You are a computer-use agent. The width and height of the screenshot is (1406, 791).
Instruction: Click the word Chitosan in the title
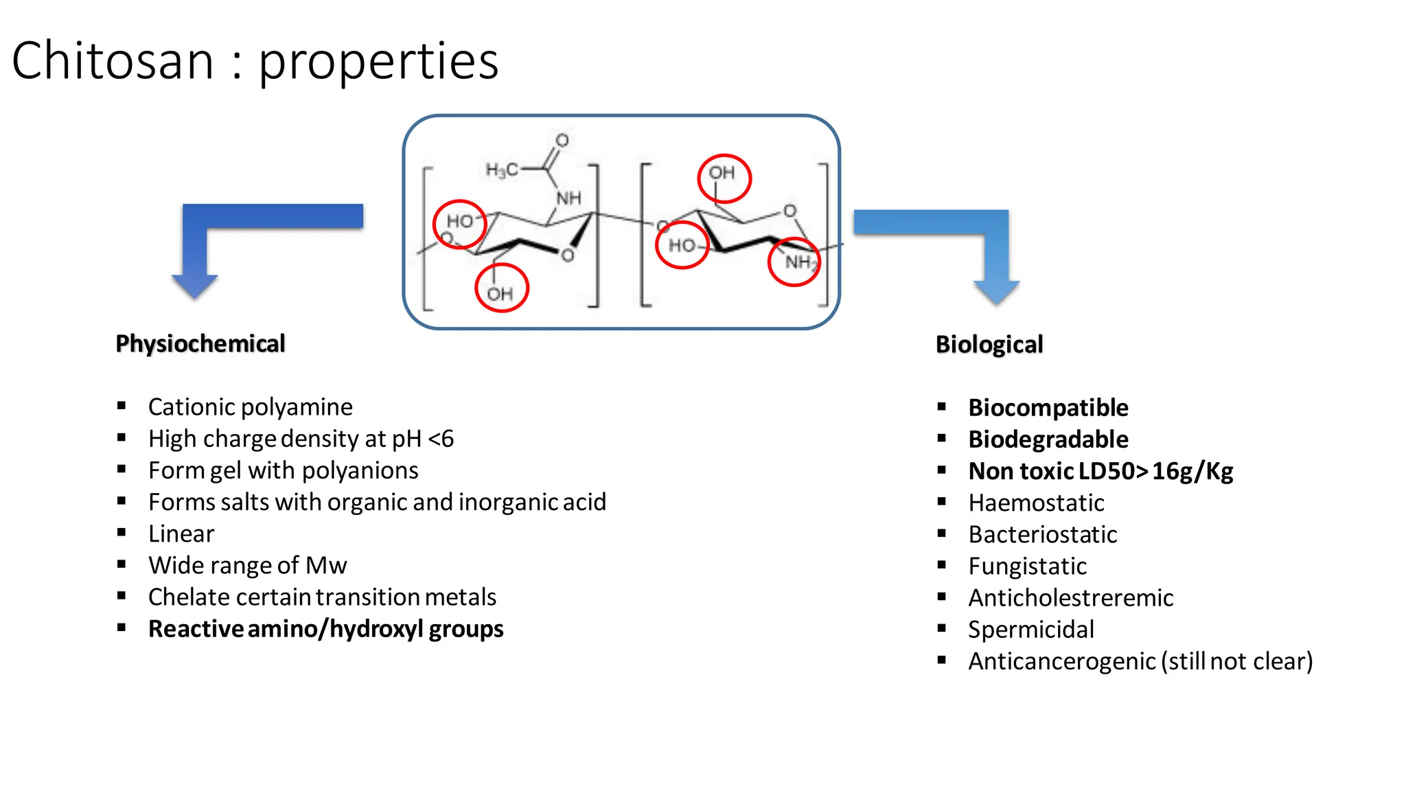[113, 61]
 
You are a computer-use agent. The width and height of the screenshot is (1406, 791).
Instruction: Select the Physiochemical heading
[200, 343]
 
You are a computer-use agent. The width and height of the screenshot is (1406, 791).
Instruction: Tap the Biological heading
[989, 344]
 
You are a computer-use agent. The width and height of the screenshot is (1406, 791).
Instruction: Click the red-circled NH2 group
[794, 262]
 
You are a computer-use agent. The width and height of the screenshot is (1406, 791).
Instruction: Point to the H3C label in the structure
[502, 170]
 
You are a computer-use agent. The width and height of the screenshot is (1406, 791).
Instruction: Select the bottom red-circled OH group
[501, 288]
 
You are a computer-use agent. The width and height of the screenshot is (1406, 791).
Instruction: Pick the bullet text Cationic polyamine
[250, 407]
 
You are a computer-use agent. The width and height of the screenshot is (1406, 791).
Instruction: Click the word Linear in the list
[181, 534]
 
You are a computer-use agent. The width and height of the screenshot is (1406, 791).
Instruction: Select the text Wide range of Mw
[247, 565]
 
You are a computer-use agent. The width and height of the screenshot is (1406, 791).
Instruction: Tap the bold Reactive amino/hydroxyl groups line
[325, 629]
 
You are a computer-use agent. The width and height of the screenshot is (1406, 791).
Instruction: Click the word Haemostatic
[1036, 503]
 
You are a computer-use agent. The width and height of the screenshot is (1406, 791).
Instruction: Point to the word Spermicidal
[1030, 629]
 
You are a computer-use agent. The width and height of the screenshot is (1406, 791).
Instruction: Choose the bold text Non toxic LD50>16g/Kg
[1100, 471]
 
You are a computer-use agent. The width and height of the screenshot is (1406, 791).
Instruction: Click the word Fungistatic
[1027, 566]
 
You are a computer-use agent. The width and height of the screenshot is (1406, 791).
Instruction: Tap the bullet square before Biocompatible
[942, 406]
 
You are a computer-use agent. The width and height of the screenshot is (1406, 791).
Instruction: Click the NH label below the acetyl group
[568, 198]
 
